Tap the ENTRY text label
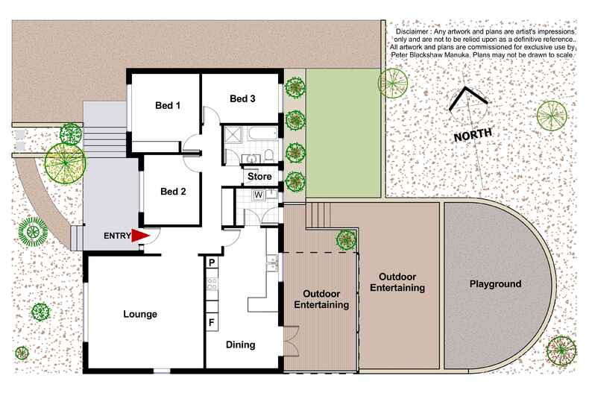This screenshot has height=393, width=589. pyautogui.click(x=117, y=236)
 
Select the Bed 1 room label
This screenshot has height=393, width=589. pyautogui.click(x=168, y=105)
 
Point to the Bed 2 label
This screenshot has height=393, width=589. pyautogui.click(x=173, y=191)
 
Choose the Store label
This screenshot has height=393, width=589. pyautogui.click(x=259, y=177)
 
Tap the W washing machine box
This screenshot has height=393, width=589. pyautogui.click(x=259, y=195)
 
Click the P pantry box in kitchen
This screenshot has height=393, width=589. pyautogui.click(x=212, y=262)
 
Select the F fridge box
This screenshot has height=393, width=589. pyautogui.click(x=212, y=322)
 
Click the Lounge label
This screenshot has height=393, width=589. pyautogui.click(x=140, y=314)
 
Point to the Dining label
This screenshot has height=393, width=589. pyautogui.click(x=240, y=345)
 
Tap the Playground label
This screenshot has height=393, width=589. pyautogui.click(x=495, y=284)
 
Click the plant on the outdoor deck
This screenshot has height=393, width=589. pyautogui.click(x=345, y=239)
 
